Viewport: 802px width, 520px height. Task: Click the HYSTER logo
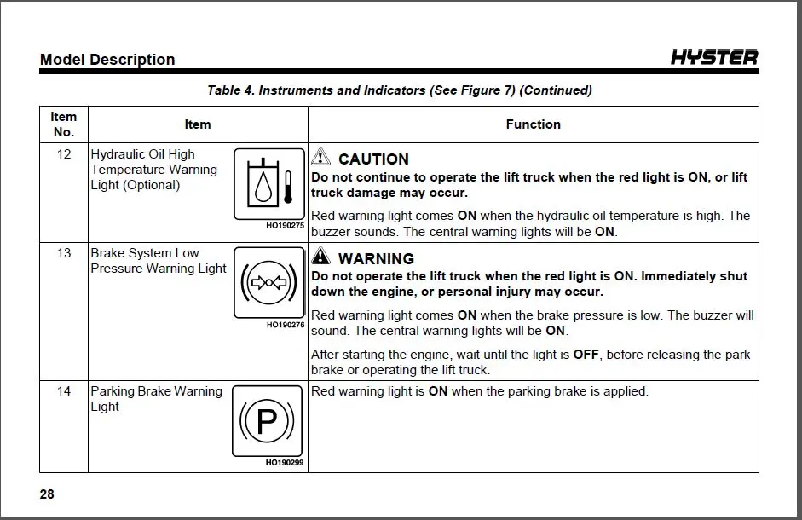pos(713,58)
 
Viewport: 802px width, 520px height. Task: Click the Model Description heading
pos(107,60)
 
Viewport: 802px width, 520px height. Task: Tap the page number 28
pos(47,494)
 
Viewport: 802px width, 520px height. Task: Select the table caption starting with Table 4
pos(399,90)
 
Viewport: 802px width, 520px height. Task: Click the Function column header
pos(533,124)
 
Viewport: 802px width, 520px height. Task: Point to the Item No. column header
pos(64,124)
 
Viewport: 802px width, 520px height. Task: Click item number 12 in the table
pos(64,154)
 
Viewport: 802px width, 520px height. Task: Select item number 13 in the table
pos(64,253)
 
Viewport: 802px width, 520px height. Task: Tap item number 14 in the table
pos(64,391)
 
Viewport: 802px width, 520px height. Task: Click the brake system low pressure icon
pos(268,281)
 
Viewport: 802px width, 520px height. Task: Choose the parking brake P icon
pos(268,420)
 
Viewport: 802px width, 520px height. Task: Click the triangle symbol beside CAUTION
pos(320,158)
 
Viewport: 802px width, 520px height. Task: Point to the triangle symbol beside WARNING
pos(320,257)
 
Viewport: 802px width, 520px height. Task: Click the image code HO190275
pos(286,226)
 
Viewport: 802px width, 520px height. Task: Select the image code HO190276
pos(286,325)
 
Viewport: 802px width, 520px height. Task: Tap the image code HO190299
pos(286,463)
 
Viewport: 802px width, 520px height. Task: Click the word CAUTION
pos(373,159)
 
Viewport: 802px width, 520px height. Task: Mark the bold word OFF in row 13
pos(586,355)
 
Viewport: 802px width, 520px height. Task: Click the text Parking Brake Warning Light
pos(155,399)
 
